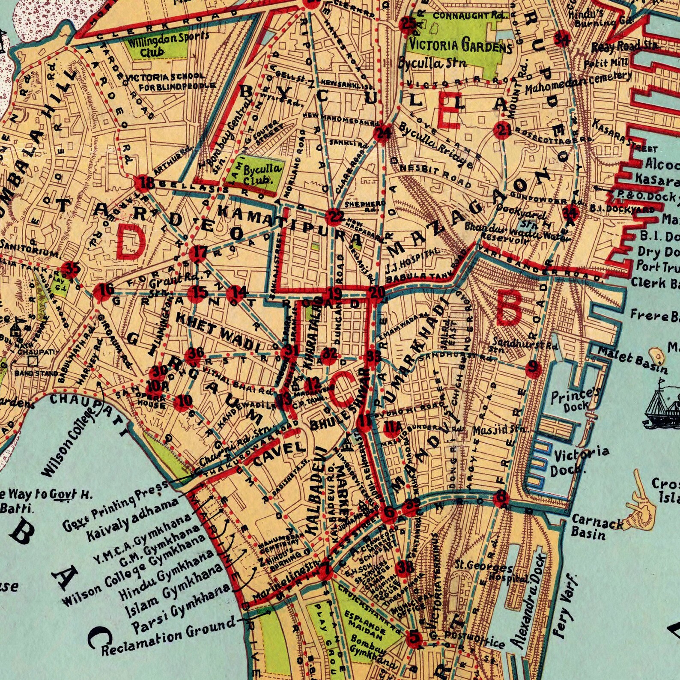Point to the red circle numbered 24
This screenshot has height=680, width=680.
click(382, 134)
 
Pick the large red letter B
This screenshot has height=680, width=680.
click(508, 309)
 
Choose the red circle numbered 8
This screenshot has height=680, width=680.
click(500, 498)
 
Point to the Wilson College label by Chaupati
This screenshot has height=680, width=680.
click(69, 443)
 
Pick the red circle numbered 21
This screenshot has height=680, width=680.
click(502, 130)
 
